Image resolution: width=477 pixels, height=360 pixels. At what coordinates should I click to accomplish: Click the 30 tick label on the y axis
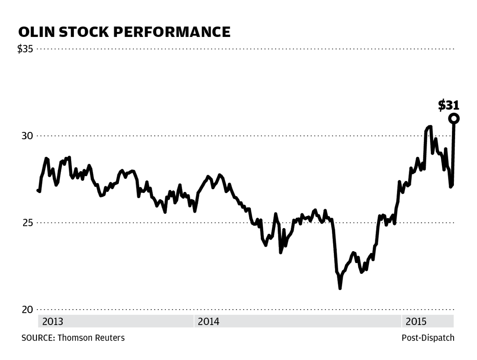[27, 136]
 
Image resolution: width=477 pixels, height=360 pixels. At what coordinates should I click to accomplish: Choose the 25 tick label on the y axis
[27, 223]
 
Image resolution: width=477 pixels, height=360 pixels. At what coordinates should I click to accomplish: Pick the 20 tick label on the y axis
[27, 309]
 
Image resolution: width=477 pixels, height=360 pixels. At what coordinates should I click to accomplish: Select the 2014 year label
[208, 321]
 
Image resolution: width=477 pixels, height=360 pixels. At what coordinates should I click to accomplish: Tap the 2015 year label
[416, 321]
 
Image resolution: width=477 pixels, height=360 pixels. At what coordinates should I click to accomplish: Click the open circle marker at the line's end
[454, 118]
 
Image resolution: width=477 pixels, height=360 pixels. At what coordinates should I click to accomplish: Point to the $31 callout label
[449, 105]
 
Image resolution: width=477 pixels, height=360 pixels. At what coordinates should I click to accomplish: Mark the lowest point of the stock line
[340, 288]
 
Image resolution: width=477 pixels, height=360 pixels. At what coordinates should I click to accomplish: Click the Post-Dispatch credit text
[428, 338]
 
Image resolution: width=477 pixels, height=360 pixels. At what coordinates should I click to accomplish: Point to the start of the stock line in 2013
[38, 190]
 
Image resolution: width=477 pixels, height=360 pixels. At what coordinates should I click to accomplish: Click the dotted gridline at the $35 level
[238, 49]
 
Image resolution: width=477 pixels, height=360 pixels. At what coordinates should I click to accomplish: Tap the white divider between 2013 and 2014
[194, 321]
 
